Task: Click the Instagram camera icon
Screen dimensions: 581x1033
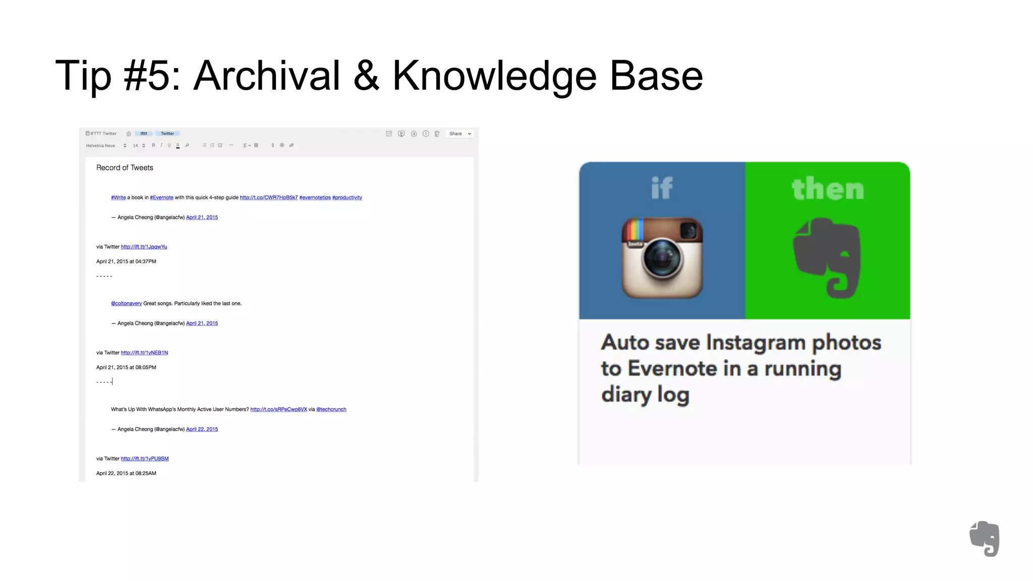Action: click(x=662, y=258)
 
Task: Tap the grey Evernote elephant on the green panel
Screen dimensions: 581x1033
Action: click(x=827, y=258)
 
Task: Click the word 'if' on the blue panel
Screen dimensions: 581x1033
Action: click(x=662, y=188)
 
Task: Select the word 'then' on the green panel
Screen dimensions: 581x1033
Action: click(x=828, y=189)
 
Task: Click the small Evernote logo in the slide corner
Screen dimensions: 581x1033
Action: click(x=984, y=539)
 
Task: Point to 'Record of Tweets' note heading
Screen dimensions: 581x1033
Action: click(x=125, y=168)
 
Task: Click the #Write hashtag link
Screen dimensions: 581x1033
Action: click(x=119, y=198)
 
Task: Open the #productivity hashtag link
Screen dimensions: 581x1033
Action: click(x=347, y=198)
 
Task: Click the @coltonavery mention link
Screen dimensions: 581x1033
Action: click(x=126, y=304)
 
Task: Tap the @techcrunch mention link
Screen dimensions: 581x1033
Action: click(x=331, y=410)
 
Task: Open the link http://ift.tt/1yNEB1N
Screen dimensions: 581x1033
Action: click(x=144, y=353)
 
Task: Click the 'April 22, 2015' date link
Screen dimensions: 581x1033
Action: click(x=202, y=429)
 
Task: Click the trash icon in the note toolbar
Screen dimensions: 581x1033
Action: click(x=437, y=134)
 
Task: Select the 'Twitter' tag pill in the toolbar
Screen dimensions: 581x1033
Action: click(x=167, y=134)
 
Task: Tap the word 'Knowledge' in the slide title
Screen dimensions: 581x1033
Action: click(x=494, y=76)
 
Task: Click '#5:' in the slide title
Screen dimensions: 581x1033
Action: click(x=152, y=76)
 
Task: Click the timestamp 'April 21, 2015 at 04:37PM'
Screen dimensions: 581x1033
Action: click(x=126, y=262)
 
